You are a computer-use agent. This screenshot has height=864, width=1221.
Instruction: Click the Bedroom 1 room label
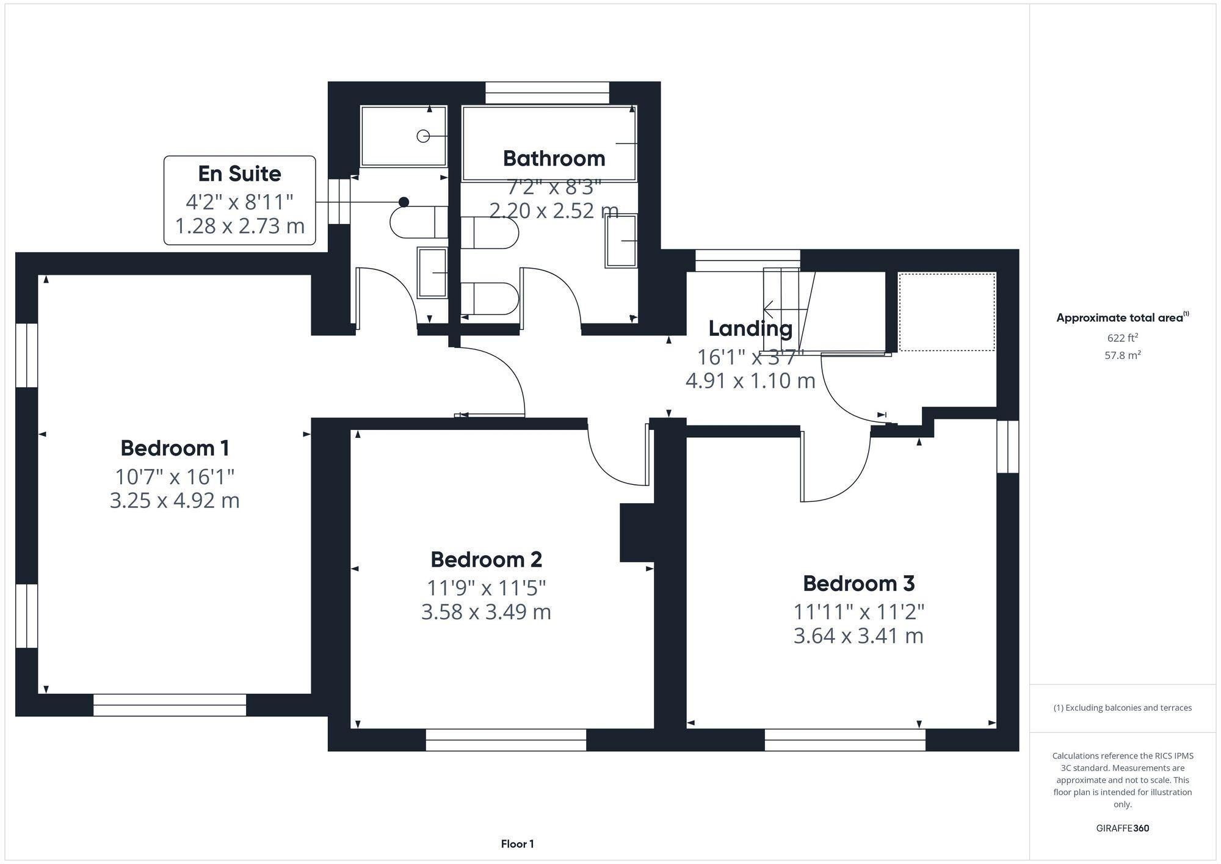click(x=175, y=448)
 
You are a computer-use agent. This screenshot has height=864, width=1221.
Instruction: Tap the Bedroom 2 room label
click(x=486, y=559)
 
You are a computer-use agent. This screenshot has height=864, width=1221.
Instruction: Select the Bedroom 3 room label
click(x=858, y=583)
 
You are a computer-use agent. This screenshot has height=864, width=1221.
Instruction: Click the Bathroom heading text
click(x=554, y=158)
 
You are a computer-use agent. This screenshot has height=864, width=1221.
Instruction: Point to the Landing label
click(x=750, y=329)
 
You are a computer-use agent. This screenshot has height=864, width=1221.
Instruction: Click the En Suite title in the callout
click(x=239, y=173)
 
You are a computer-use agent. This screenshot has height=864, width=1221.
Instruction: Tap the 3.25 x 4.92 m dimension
click(x=175, y=501)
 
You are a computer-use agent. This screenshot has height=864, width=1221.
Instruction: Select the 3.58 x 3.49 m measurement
click(x=486, y=612)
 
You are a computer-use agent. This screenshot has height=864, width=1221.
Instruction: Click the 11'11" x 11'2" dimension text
click(x=858, y=611)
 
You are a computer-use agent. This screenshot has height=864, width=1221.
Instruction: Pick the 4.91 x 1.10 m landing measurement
click(x=750, y=381)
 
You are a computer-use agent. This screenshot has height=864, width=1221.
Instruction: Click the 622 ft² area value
click(x=1122, y=338)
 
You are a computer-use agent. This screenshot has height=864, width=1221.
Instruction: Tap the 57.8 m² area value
click(x=1122, y=355)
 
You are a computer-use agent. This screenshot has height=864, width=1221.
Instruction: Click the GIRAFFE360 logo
click(x=1122, y=828)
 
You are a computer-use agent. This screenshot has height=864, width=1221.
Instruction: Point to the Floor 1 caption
click(x=517, y=844)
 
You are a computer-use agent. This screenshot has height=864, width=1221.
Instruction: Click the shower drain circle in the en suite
click(x=423, y=136)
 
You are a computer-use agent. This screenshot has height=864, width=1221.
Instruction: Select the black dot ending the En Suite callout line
click(x=404, y=202)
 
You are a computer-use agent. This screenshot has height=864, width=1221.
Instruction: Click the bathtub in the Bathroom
click(x=549, y=143)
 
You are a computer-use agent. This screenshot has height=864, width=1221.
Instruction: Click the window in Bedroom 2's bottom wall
click(x=505, y=739)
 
